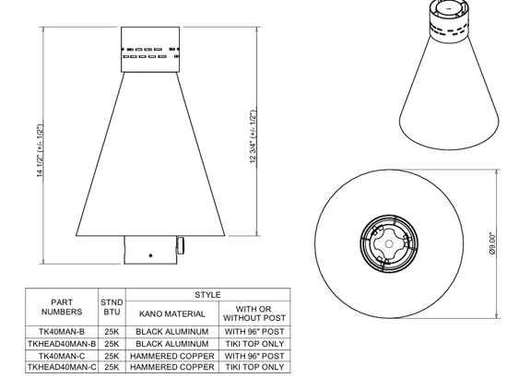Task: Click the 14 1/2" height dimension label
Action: tap(40, 150)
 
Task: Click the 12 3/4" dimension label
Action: tap(253, 136)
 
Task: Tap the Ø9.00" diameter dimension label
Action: tap(492, 243)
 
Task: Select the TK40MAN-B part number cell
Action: tap(62, 332)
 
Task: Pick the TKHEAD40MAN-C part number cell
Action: tap(62, 367)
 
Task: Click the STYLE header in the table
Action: tap(208, 295)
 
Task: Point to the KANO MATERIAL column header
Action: tap(172, 314)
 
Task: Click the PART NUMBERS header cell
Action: tap(62, 307)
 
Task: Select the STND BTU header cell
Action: tap(112, 307)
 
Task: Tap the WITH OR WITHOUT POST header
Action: tap(254, 313)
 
